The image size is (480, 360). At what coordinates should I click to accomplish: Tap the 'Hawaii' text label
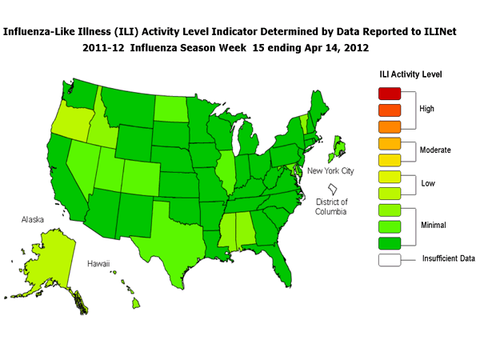coord(98,263)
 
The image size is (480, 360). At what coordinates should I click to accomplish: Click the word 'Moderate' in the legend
coord(437,150)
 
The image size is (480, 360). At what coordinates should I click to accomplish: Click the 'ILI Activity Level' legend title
coord(410,74)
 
